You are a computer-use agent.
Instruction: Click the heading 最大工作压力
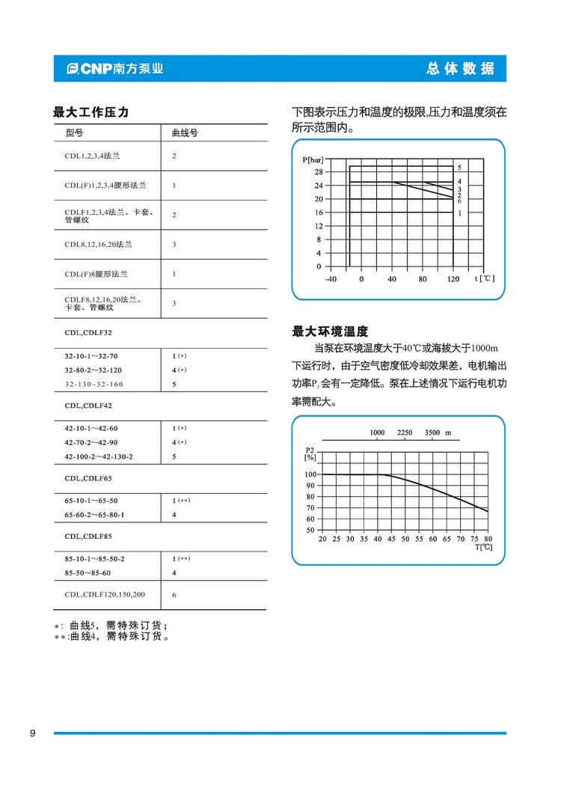click(91, 112)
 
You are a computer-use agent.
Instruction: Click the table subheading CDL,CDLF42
click(88, 406)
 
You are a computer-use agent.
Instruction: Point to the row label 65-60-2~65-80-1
click(94, 515)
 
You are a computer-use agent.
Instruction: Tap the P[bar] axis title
click(314, 160)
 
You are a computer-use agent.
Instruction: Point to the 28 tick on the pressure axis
click(318, 172)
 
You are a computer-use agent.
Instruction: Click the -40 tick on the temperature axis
click(331, 279)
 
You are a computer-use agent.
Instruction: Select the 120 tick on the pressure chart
click(453, 279)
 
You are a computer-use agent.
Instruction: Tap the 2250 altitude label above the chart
click(405, 433)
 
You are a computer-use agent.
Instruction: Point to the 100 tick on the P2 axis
click(310, 474)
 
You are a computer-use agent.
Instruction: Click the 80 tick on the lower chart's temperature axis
click(488, 539)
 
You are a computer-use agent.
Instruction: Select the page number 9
click(32, 733)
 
